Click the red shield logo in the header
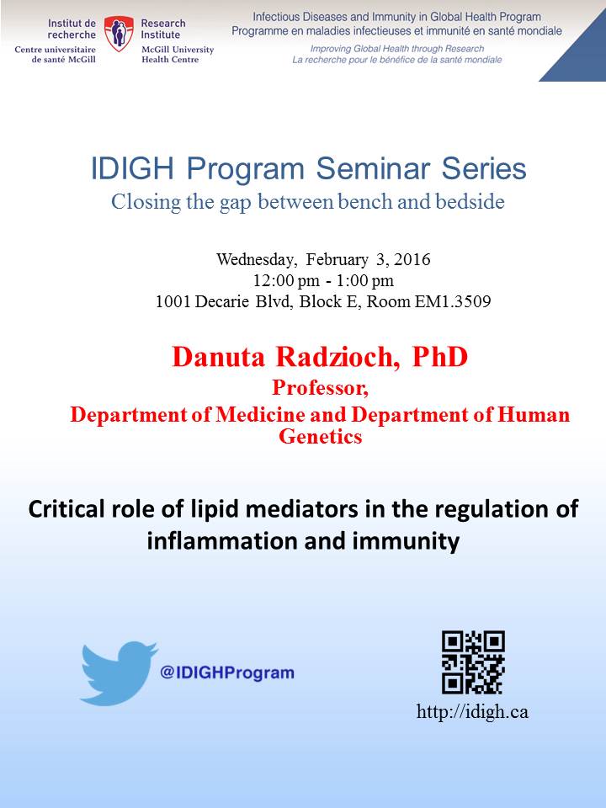click(x=119, y=34)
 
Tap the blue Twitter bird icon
click(x=119, y=673)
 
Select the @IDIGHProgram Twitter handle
click(x=227, y=672)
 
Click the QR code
click(x=473, y=662)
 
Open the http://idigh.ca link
click(x=472, y=712)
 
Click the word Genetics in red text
click(x=321, y=437)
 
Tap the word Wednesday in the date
click(x=257, y=259)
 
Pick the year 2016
click(x=412, y=259)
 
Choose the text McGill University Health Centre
click(x=178, y=55)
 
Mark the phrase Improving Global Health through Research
click(x=396, y=49)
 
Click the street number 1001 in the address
click(x=173, y=301)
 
